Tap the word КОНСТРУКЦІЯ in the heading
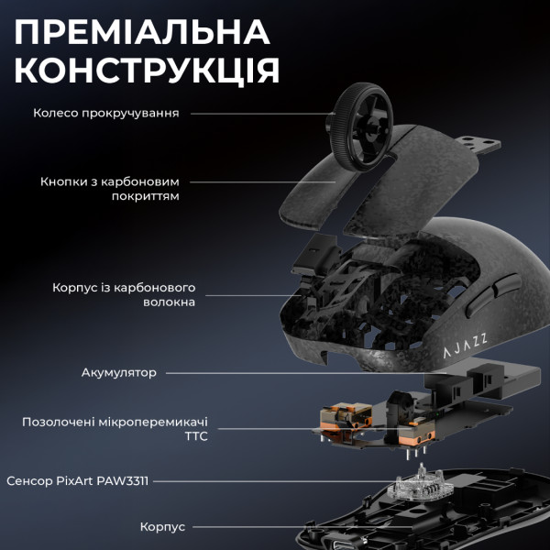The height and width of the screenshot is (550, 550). (148, 71)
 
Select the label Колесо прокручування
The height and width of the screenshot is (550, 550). (105, 114)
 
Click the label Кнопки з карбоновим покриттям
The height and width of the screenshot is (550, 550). (109, 189)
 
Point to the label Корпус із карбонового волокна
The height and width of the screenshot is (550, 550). (124, 294)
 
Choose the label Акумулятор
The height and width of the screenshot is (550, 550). (118, 373)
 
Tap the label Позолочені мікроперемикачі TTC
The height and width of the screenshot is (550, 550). (115, 429)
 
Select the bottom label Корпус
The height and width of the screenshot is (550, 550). (162, 527)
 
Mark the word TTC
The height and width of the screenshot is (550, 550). (195, 436)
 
